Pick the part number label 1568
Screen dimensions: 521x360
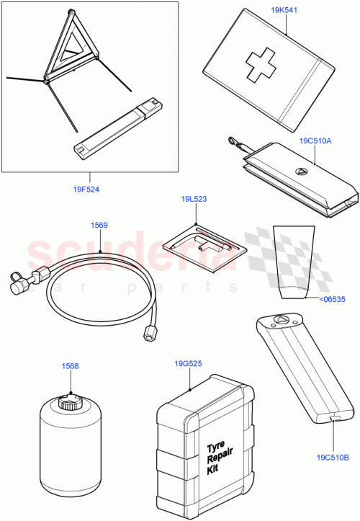[x=70, y=365]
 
